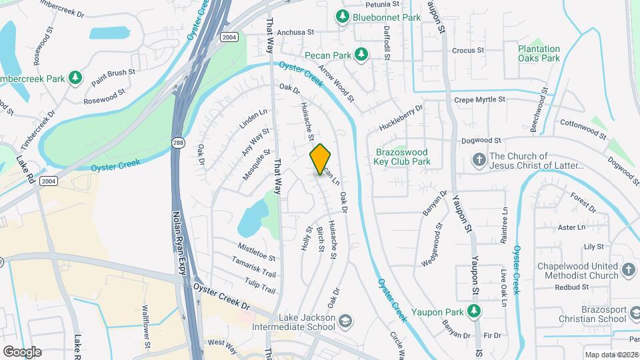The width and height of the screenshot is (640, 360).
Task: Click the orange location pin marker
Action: tap(321, 159)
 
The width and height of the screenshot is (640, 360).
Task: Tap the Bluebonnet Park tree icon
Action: tap(343, 16)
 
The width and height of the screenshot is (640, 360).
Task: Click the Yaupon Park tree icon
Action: tap(474, 310)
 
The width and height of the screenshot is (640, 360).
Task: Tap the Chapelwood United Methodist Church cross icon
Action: tap(628, 270)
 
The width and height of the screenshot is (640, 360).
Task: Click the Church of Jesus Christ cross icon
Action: tap(479, 160)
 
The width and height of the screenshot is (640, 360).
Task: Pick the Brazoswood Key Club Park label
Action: tap(402, 157)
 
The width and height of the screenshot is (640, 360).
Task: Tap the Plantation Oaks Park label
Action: tap(539, 53)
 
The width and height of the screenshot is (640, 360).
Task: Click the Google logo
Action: tap(22, 351)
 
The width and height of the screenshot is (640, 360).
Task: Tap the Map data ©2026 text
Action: tap(611, 355)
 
